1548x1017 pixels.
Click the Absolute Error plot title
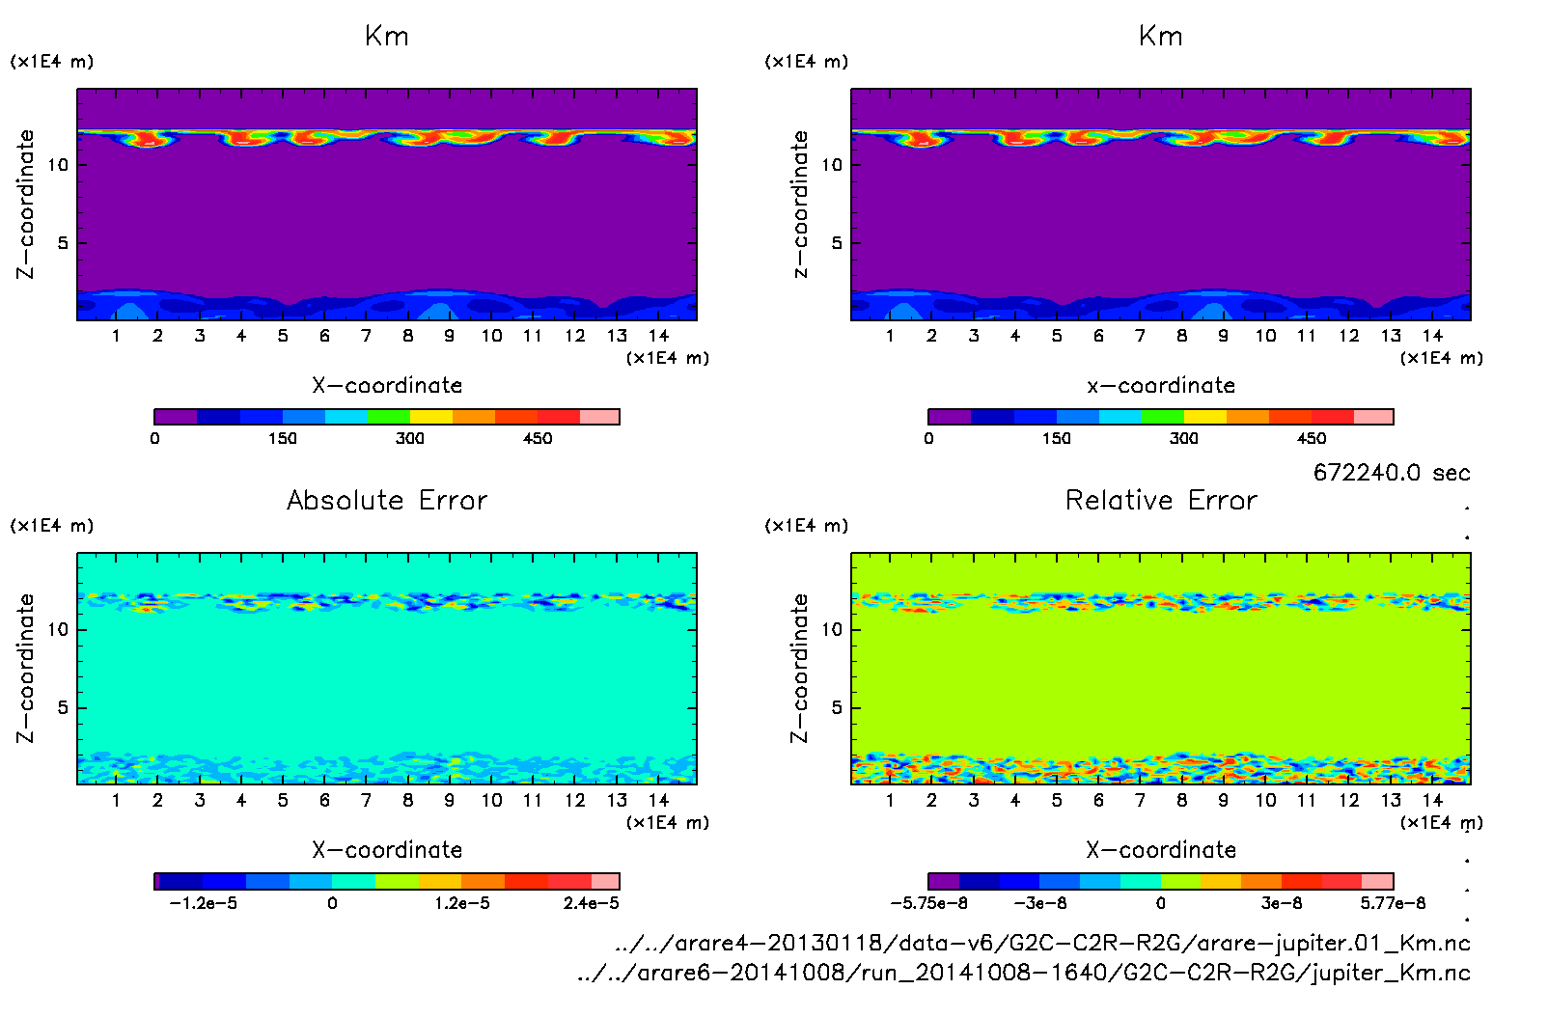coord(387,500)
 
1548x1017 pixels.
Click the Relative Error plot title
coord(1161,500)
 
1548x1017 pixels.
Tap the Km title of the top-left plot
coord(387,37)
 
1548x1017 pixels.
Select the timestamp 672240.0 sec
coord(1392,473)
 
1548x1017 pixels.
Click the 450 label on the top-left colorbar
coord(538,439)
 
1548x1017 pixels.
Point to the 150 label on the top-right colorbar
coord(1056,439)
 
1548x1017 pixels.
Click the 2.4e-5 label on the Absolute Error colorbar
coord(592,903)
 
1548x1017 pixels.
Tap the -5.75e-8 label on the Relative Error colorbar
coord(928,903)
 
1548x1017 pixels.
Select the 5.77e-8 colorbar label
coord(1393,903)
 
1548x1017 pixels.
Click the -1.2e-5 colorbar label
coord(203,903)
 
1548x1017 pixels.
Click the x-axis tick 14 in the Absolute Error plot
coord(658,800)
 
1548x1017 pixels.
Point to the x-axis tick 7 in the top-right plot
coord(1140,336)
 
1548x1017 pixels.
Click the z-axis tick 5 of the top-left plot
coord(63,243)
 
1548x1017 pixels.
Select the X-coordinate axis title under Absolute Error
coord(387,850)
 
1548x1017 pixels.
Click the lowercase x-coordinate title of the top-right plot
coord(1161,386)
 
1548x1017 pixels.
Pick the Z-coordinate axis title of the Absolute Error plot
coord(25,668)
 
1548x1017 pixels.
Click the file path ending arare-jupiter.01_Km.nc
coord(1042,943)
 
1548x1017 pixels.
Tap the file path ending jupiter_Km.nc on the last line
coord(1023,973)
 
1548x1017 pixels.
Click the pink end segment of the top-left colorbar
coord(599,417)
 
